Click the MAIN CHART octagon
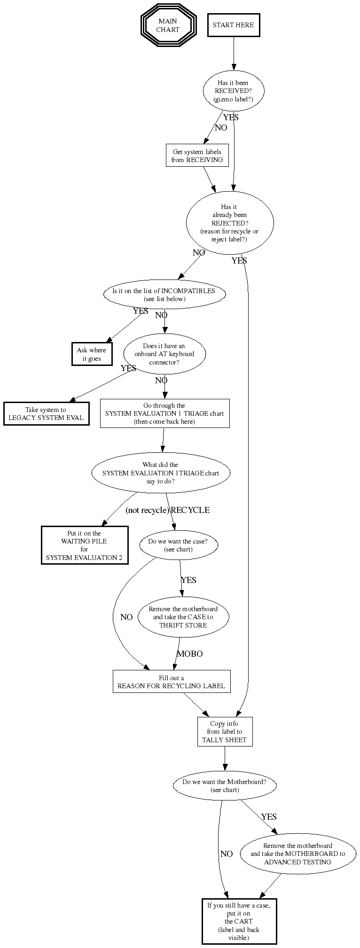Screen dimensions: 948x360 coord(167,25)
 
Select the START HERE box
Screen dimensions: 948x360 coord(233,25)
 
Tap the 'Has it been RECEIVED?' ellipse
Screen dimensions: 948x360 coord(233,91)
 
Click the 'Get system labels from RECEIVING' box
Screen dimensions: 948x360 coord(197,155)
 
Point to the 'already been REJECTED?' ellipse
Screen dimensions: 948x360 coord(230,223)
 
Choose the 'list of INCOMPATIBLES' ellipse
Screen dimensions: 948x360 coord(164,295)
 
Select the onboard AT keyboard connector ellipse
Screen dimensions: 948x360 coord(164,354)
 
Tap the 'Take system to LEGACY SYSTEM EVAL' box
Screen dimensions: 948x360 coord(46,413)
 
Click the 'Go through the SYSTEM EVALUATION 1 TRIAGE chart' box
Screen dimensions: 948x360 coord(164,413)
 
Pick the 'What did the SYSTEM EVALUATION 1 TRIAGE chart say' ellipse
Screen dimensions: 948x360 coord(160,473)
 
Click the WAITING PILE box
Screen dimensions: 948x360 coord(84,545)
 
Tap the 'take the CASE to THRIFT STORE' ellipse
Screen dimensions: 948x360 coord(183,617)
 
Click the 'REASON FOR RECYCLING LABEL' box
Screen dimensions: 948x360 coord(171,682)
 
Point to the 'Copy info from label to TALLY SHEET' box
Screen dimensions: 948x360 coord(224,731)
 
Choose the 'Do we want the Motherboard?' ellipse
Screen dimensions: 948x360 coord(224,786)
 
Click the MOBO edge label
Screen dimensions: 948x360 coord(189,653)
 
